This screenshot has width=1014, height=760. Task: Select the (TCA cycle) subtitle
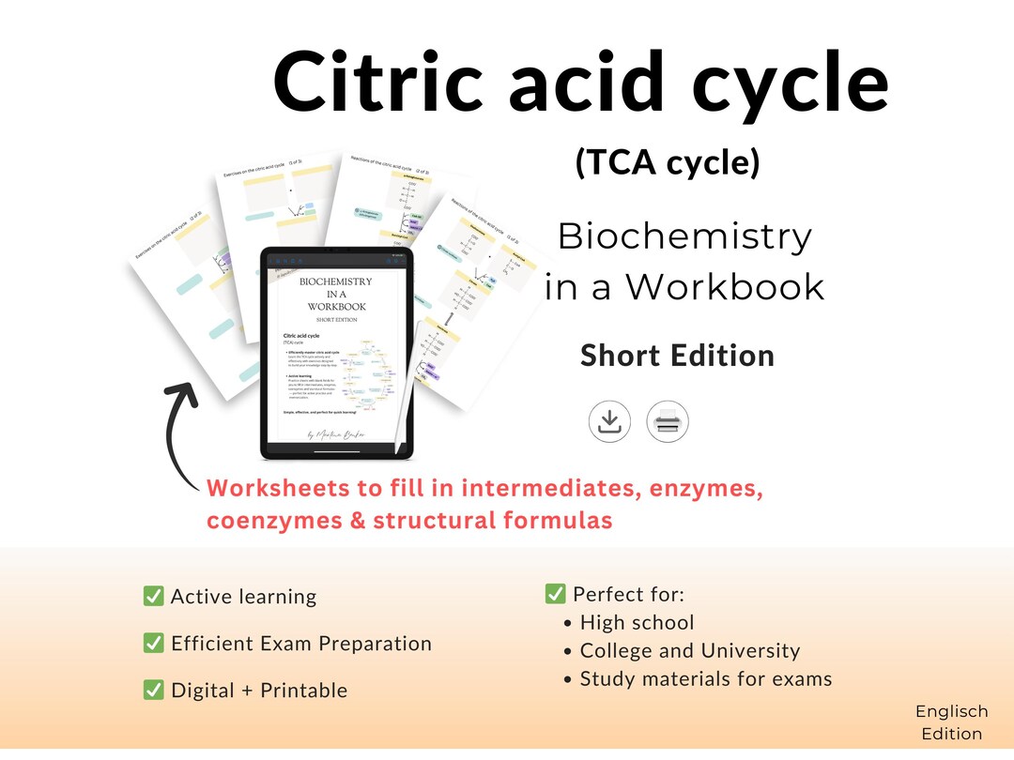(x=667, y=162)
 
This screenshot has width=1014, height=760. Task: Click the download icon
(x=609, y=421)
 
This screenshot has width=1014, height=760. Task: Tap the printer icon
(x=668, y=421)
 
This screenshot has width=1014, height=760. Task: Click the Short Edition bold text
(x=677, y=356)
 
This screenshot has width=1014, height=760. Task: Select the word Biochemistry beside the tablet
(x=684, y=237)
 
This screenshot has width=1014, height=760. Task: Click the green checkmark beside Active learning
(x=153, y=597)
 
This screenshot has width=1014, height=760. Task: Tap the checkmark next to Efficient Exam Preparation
(x=153, y=644)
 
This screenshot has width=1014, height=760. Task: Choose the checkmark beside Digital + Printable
(x=153, y=691)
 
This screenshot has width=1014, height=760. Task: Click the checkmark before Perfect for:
(x=555, y=594)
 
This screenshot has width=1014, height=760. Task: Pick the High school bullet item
(x=637, y=622)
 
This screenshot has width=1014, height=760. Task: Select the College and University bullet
(x=689, y=650)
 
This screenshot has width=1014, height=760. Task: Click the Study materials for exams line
(x=705, y=678)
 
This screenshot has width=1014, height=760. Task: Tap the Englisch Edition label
(x=951, y=722)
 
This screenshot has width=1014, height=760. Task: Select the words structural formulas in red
(x=493, y=520)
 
